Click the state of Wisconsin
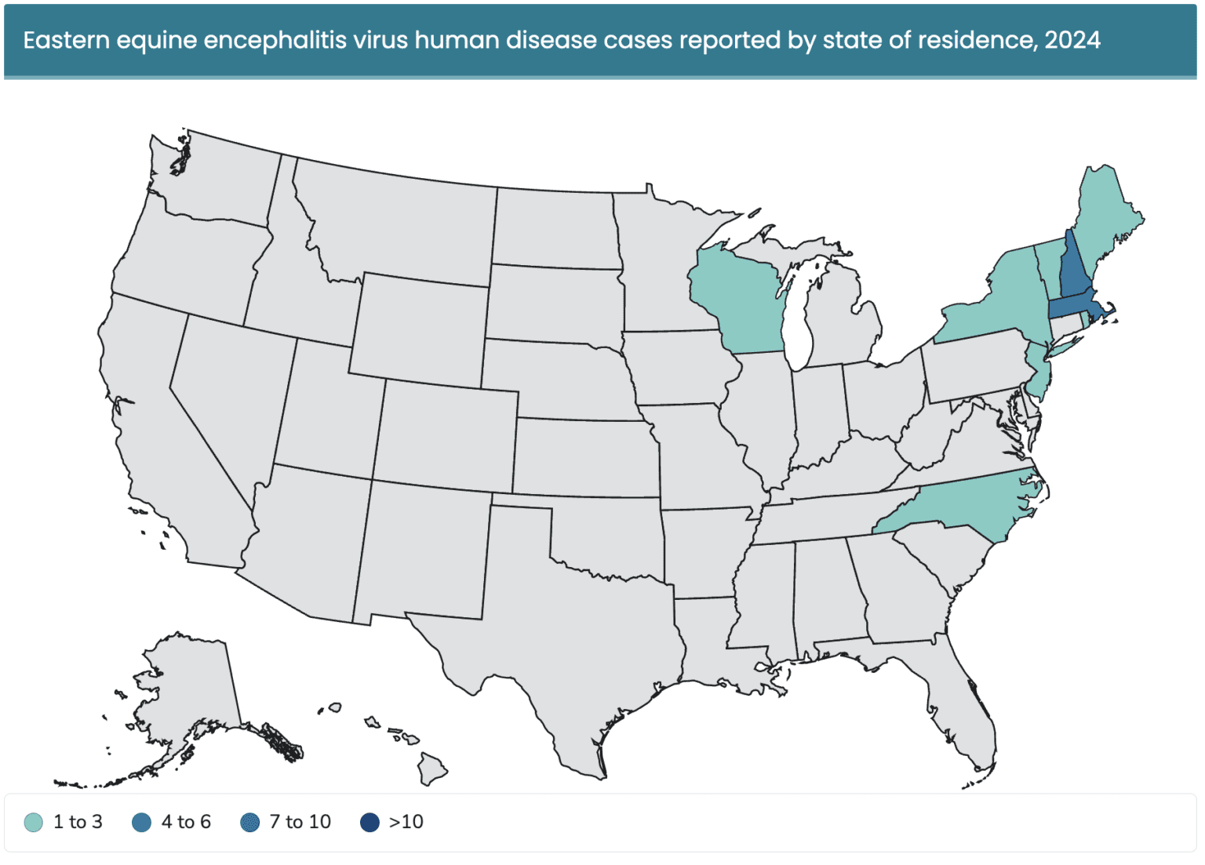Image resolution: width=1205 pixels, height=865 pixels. (737, 302)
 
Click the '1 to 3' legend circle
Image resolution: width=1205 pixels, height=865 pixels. (33, 822)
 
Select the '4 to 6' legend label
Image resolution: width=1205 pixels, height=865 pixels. (186, 822)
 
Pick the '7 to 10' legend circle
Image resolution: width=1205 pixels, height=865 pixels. (249, 822)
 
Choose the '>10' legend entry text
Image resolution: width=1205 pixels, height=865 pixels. (406, 822)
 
